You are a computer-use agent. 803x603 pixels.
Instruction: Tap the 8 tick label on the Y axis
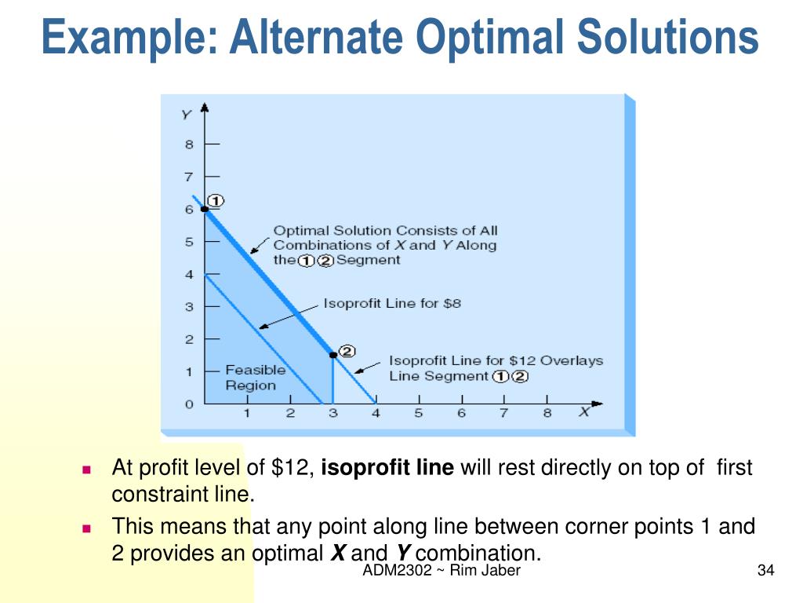tap(189, 144)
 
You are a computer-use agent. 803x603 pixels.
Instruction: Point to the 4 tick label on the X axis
tap(376, 413)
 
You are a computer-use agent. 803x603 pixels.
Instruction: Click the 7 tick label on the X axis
tap(503, 413)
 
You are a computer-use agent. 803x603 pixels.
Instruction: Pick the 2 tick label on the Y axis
tap(189, 339)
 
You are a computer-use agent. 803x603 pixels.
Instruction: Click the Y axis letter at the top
tap(186, 115)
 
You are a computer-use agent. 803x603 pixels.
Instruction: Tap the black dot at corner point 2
tap(332, 356)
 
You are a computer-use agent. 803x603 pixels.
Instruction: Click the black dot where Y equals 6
tap(204, 209)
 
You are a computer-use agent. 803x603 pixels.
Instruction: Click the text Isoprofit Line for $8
tap(392, 303)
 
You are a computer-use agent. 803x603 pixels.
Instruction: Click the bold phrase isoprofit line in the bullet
tap(387, 469)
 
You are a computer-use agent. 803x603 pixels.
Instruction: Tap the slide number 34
tap(765, 571)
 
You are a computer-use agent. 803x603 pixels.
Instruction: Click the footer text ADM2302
tap(397, 571)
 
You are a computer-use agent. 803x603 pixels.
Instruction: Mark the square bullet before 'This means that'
tap(87, 528)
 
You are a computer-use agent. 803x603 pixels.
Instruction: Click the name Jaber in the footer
tap(502, 571)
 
